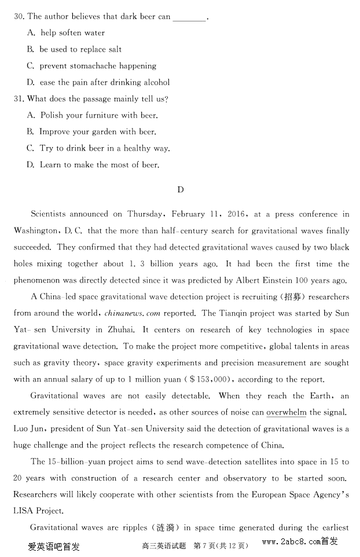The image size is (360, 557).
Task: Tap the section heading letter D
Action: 180,189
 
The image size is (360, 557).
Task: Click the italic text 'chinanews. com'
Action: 133,314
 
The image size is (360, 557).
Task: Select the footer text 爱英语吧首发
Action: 53,545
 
